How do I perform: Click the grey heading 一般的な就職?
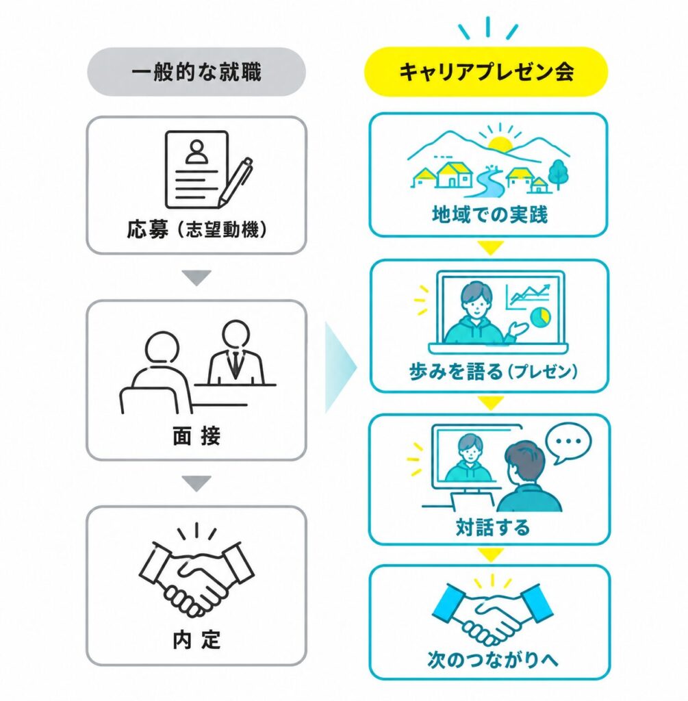pyautogui.click(x=196, y=72)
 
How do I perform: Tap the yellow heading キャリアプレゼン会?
pyautogui.click(x=486, y=72)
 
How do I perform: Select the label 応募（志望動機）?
pyautogui.click(x=196, y=230)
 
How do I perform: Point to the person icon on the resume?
pyautogui.click(x=196, y=152)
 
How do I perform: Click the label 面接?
pyautogui.click(x=196, y=436)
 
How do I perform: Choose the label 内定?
pyautogui.click(x=196, y=640)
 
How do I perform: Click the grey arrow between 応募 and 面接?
pyautogui.click(x=196, y=278)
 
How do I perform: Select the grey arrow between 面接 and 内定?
pyautogui.click(x=196, y=483)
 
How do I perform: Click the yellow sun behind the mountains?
pyautogui.click(x=499, y=144)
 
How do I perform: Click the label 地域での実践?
pyautogui.click(x=490, y=214)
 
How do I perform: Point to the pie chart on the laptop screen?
pyautogui.click(x=541, y=316)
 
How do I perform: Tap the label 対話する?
pyautogui.click(x=492, y=527)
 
